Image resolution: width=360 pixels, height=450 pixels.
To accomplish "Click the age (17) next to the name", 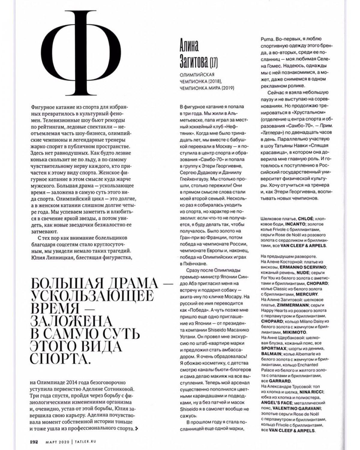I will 214,63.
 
